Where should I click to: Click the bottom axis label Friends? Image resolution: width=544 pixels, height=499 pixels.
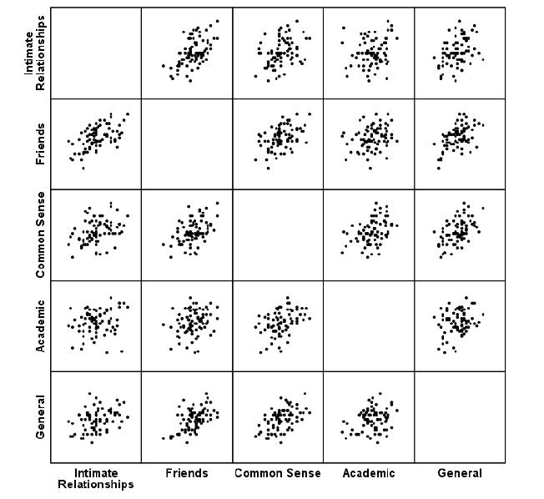[x=187, y=473]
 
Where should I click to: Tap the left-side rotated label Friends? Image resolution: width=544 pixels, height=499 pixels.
[x=40, y=144]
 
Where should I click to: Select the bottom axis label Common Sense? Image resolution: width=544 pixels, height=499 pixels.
[x=278, y=473]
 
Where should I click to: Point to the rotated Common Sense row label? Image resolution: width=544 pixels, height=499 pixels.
[x=40, y=234]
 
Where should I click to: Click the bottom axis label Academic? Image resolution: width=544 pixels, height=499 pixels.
[x=368, y=473]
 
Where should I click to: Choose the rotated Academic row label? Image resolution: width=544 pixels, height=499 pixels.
[x=40, y=325]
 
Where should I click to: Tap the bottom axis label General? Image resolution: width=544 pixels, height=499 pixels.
[x=460, y=473]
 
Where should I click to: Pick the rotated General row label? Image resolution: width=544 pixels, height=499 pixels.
[x=40, y=416]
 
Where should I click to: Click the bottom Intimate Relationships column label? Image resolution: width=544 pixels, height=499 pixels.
[x=96, y=478]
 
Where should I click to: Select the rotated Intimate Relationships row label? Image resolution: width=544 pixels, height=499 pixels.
[x=34, y=53]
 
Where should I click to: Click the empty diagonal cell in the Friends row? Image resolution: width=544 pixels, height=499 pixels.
[x=187, y=144]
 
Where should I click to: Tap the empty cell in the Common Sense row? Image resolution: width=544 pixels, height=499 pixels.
[x=278, y=234]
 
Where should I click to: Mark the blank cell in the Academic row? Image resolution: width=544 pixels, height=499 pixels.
[x=369, y=325]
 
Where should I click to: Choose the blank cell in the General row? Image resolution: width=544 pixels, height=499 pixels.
[x=460, y=416]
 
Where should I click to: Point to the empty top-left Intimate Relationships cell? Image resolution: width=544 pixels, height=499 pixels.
[x=96, y=53]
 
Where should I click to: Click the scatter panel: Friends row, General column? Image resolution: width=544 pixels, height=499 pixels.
[x=460, y=144]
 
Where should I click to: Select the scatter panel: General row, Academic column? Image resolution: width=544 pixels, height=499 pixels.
[x=369, y=416]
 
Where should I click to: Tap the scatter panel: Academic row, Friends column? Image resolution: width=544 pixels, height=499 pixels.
[x=187, y=325]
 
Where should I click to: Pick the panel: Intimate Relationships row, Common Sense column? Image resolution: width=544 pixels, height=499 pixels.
[x=278, y=53]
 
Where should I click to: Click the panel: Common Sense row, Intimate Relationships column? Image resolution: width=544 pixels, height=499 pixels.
[x=96, y=234]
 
